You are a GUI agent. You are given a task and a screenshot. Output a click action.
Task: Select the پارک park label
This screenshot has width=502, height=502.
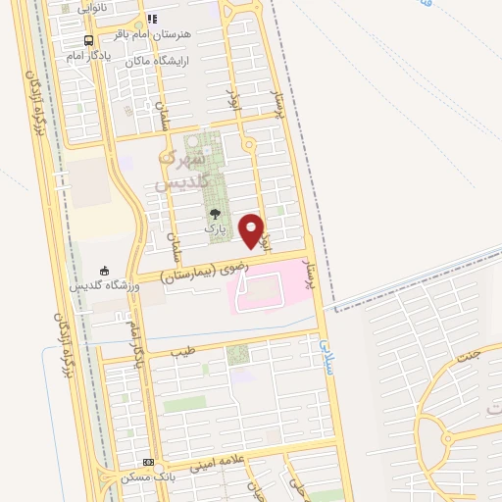tap(215, 227)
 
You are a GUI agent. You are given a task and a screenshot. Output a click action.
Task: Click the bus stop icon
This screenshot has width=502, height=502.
tap(88, 40)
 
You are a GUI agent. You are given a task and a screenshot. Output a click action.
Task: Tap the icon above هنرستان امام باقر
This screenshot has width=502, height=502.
tap(151, 19)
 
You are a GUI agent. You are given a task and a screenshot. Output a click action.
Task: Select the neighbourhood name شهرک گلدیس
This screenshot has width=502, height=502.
tap(182, 168)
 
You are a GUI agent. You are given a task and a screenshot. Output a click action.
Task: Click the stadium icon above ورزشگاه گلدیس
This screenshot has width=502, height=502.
tap(105, 271)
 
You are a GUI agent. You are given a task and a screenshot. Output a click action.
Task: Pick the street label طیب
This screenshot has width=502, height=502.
tap(183, 348)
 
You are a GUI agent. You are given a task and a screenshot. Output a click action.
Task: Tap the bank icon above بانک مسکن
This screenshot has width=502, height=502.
tap(149, 462)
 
